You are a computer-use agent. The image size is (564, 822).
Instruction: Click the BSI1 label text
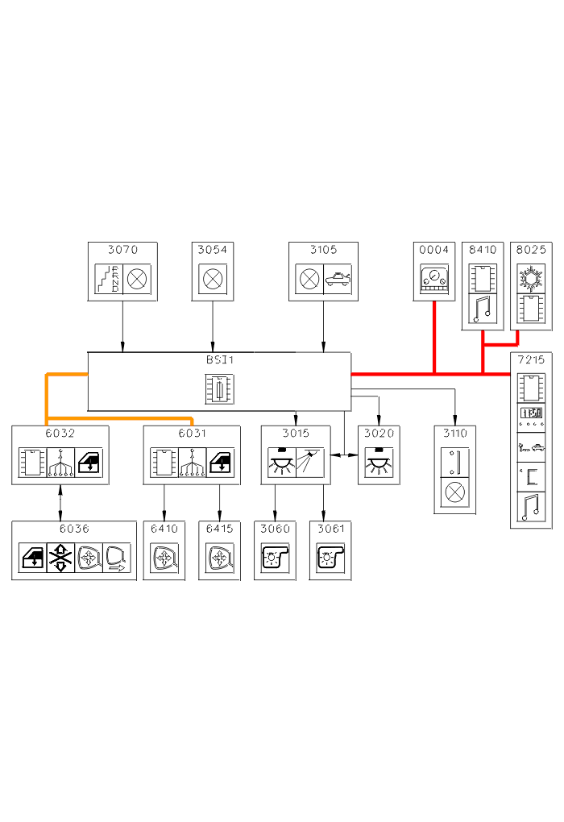(219, 360)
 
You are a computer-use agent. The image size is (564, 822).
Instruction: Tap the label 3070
(122, 250)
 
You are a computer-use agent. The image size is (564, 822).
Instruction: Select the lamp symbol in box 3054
(213, 280)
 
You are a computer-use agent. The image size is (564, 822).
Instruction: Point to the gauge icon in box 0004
(434, 280)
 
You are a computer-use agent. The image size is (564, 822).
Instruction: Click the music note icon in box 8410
(483, 309)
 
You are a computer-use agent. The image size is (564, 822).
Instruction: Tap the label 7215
(531, 360)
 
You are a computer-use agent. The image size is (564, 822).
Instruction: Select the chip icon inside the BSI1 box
(219, 390)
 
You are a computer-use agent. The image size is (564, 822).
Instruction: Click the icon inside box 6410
(164, 558)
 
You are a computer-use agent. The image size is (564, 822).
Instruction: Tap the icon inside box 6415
(220, 558)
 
